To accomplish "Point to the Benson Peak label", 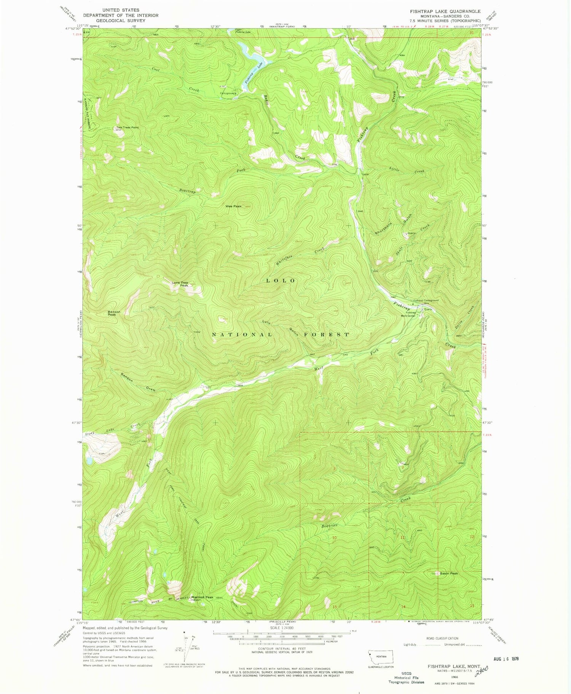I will point(114,313).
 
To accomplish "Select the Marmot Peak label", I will point(202,597).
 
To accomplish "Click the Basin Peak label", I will point(449,573).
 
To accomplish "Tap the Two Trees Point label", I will point(128,127).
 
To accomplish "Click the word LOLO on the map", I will point(281,281).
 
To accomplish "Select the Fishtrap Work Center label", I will point(407,314).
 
